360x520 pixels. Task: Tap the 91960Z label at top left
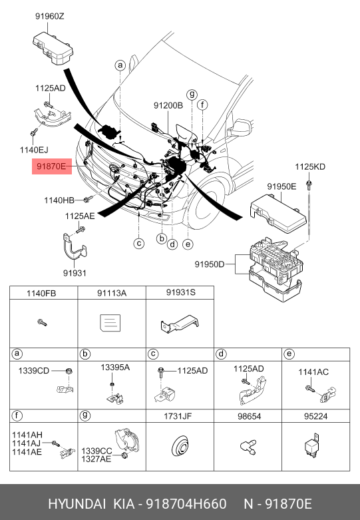[50, 16]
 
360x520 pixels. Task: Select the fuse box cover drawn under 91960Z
[53, 49]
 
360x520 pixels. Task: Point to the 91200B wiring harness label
[168, 105]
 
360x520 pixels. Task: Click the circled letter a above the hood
[120, 65]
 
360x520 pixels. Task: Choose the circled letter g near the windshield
[192, 95]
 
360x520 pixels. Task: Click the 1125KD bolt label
[310, 166]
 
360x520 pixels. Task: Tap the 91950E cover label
[281, 186]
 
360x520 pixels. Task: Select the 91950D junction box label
[210, 264]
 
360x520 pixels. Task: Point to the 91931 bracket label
[75, 273]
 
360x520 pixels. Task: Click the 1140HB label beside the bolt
[59, 200]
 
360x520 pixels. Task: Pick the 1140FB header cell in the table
[41, 293]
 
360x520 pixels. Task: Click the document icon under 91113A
[110, 322]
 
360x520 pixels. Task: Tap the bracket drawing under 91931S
[180, 324]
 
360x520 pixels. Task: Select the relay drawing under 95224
[312, 445]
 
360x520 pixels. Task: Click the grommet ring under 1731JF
[180, 446]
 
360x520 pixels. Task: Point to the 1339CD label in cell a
[33, 371]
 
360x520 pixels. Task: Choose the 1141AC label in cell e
[313, 372]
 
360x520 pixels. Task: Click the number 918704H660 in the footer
[186, 504]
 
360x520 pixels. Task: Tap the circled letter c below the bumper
[139, 244]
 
